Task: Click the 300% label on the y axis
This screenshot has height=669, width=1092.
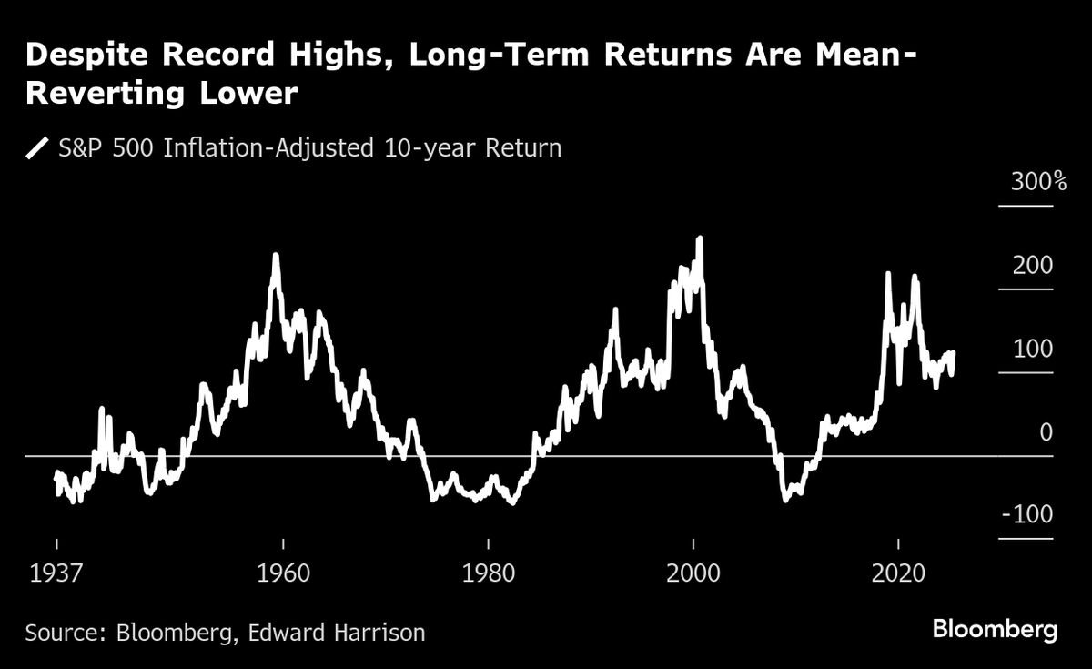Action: click(x=1038, y=182)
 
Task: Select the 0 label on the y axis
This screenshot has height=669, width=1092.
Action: click(x=1046, y=432)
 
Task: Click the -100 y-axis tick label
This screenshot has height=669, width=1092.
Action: click(x=1027, y=515)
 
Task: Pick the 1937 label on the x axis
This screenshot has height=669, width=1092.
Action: click(x=56, y=574)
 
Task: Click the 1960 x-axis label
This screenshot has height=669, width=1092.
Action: click(x=283, y=574)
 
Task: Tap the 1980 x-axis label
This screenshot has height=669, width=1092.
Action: click(x=489, y=574)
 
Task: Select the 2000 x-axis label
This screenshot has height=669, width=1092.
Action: click(x=693, y=574)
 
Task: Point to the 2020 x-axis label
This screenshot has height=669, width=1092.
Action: click(x=899, y=574)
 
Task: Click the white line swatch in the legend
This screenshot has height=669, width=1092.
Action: click(x=39, y=147)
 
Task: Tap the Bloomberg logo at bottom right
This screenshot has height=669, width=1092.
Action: click(x=995, y=629)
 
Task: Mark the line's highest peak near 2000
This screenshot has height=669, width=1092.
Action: click(x=699, y=238)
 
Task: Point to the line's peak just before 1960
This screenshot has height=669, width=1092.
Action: click(x=275, y=256)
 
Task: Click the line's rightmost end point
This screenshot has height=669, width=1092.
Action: click(x=953, y=353)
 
